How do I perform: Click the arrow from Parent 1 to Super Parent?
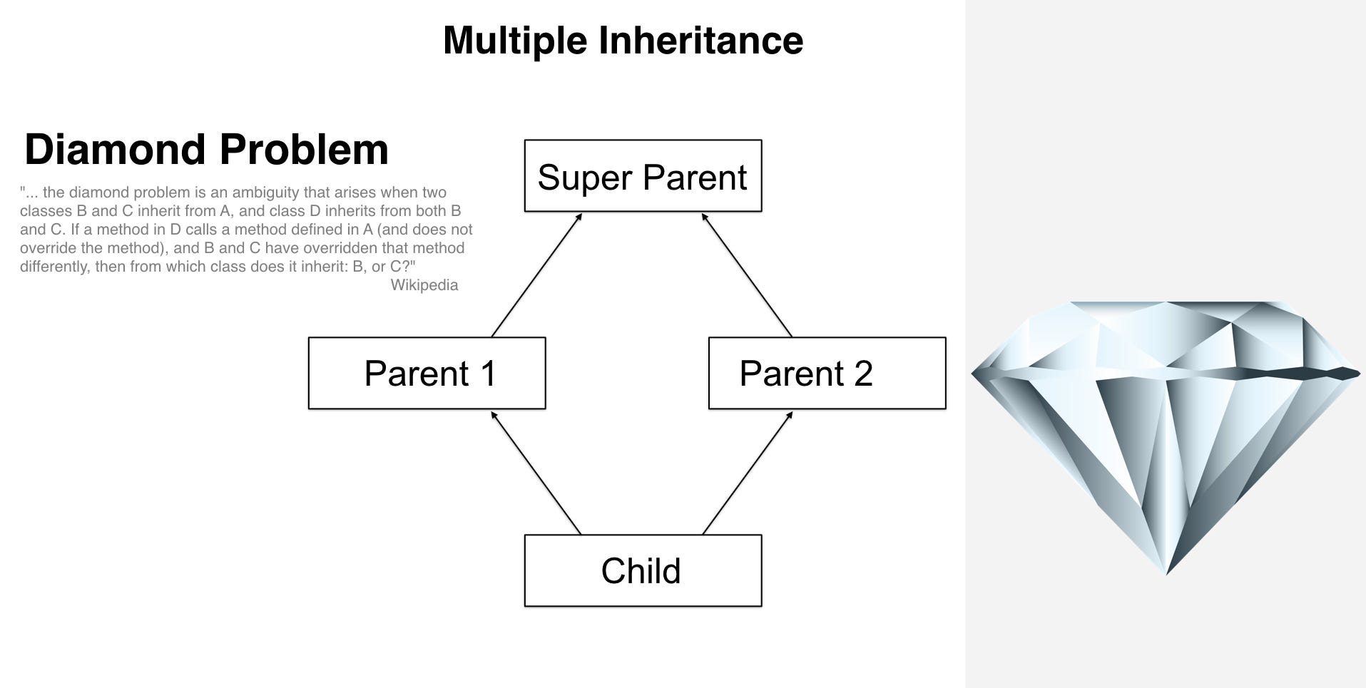click(x=537, y=274)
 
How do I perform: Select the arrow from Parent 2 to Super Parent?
click(x=746, y=274)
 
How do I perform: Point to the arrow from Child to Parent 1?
click(x=536, y=473)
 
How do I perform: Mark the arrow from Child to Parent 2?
click(x=748, y=473)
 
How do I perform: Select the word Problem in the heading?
click(x=304, y=150)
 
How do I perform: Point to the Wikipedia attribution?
click(x=424, y=285)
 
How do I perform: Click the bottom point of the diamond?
click(x=1166, y=574)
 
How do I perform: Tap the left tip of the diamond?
click(x=972, y=373)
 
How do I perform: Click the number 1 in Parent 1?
click(x=488, y=374)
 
